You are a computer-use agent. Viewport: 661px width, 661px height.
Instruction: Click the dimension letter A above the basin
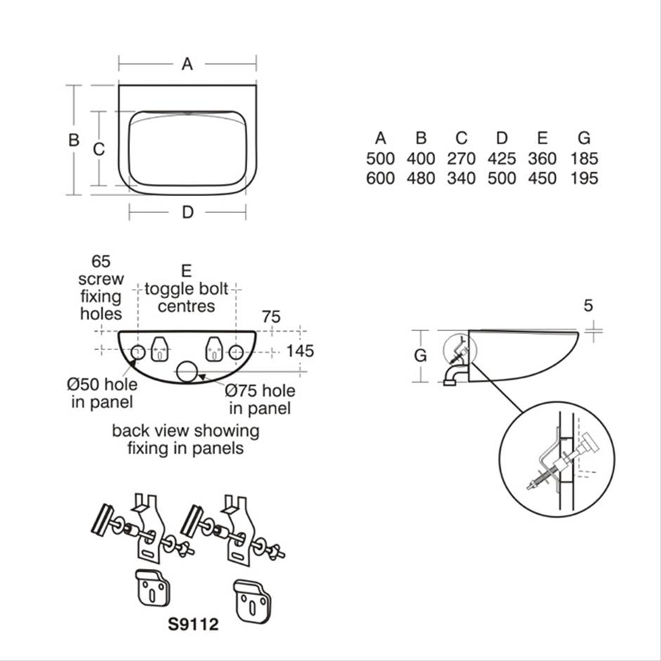point(187,64)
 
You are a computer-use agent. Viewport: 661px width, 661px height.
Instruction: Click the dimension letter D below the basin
point(187,212)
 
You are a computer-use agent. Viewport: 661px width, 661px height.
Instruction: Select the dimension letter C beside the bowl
point(99,149)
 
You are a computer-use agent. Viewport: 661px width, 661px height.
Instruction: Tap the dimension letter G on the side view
point(421,356)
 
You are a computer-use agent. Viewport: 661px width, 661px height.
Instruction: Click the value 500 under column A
point(380,159)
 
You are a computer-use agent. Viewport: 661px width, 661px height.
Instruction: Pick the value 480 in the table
point(421,179)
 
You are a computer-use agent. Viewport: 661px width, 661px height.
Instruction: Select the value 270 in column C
point(461,159)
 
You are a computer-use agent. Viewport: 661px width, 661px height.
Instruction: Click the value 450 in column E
point(542,179)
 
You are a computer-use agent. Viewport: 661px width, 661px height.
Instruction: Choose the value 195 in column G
point(584,179)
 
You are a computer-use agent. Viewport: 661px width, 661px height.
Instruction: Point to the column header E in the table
point(542,138)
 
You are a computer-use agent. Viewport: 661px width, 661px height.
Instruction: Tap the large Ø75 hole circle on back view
point(188,371)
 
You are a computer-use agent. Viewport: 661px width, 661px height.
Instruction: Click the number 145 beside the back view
point(300,351)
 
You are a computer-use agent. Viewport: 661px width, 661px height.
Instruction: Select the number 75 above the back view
point(271,317)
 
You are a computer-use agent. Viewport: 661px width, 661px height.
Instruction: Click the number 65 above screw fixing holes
point(101,262)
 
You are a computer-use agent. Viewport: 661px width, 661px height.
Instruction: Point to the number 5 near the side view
point(589,305)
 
